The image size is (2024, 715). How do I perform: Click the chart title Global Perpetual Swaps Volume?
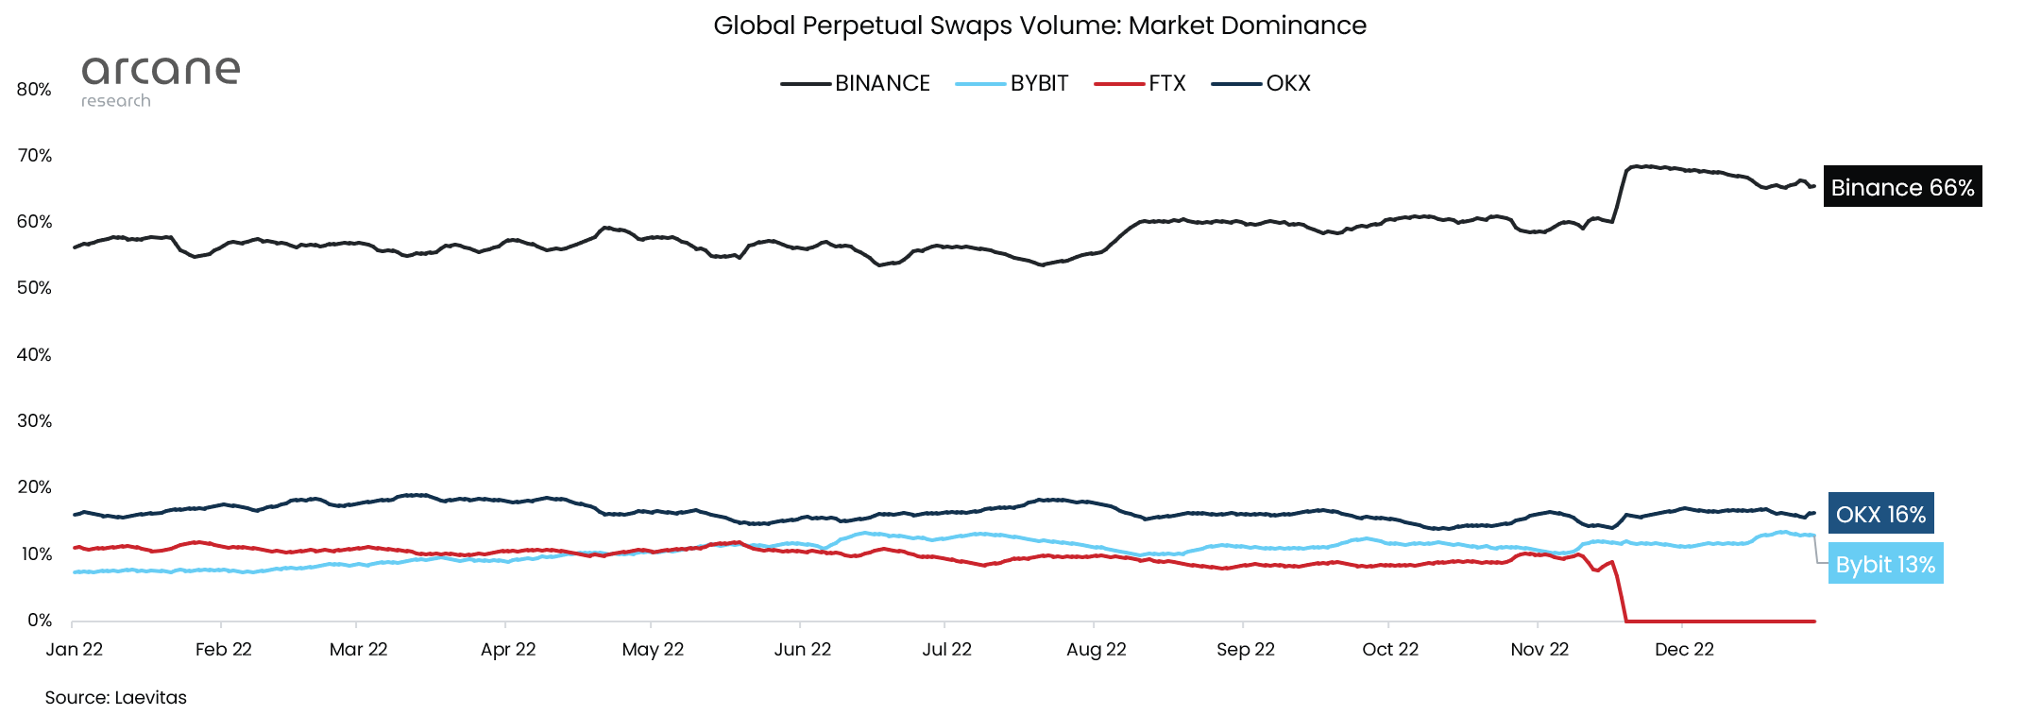[1039, 26]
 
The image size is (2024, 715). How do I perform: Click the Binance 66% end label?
[1901, 187]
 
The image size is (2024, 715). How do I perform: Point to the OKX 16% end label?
[1879, 514]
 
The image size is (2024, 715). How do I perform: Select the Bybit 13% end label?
[1884, 564]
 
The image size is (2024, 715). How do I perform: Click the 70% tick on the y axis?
[35, 155]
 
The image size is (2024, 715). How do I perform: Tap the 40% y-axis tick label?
[35, 354]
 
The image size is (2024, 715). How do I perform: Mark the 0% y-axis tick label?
[39, 620]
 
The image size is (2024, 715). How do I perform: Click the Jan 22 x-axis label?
[75, 649]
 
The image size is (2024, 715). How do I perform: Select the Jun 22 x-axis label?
[802, 649]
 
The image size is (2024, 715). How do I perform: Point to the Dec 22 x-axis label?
[1684, 649]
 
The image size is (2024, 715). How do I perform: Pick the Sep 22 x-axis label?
[1245, 649]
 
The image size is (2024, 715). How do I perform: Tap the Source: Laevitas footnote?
[115, 697]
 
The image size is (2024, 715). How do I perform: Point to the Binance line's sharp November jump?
[1619, 194]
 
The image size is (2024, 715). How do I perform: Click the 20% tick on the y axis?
[35, 486]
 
